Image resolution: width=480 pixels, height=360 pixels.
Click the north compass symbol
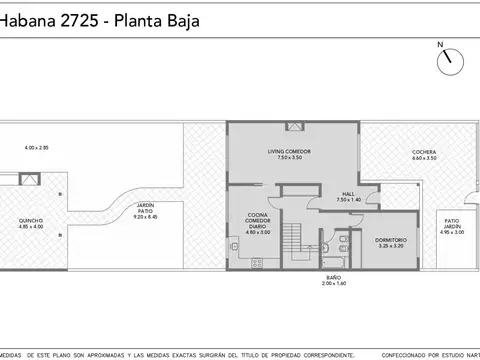pyautogui.click(x=447, y=59)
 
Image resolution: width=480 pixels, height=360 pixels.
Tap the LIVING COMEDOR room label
pyautogui.click(x=291, y=151)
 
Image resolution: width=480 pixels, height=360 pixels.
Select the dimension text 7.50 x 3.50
pyautogui.click(x=291, y=158)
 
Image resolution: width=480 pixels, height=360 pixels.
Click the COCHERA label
pyautogui.click(x=424, y=152)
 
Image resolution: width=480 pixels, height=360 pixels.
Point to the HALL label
pyautogui.click(x=348, y=193)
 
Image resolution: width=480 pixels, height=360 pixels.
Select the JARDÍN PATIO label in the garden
pyautogui.click(x=145, y=208)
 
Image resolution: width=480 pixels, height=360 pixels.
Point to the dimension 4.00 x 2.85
pyautogui.click(x=37, y=148)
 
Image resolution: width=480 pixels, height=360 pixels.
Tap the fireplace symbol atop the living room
pyautogui.click(x=293, y=126)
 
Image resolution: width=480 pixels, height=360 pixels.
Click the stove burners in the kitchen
pyautogui.click(x=257, y=262)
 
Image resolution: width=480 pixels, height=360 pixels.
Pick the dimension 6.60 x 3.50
pyautogui.click(x=424, y=159)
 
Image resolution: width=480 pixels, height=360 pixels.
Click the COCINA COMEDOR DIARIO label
pyautogui.click(x=257, y=221)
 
